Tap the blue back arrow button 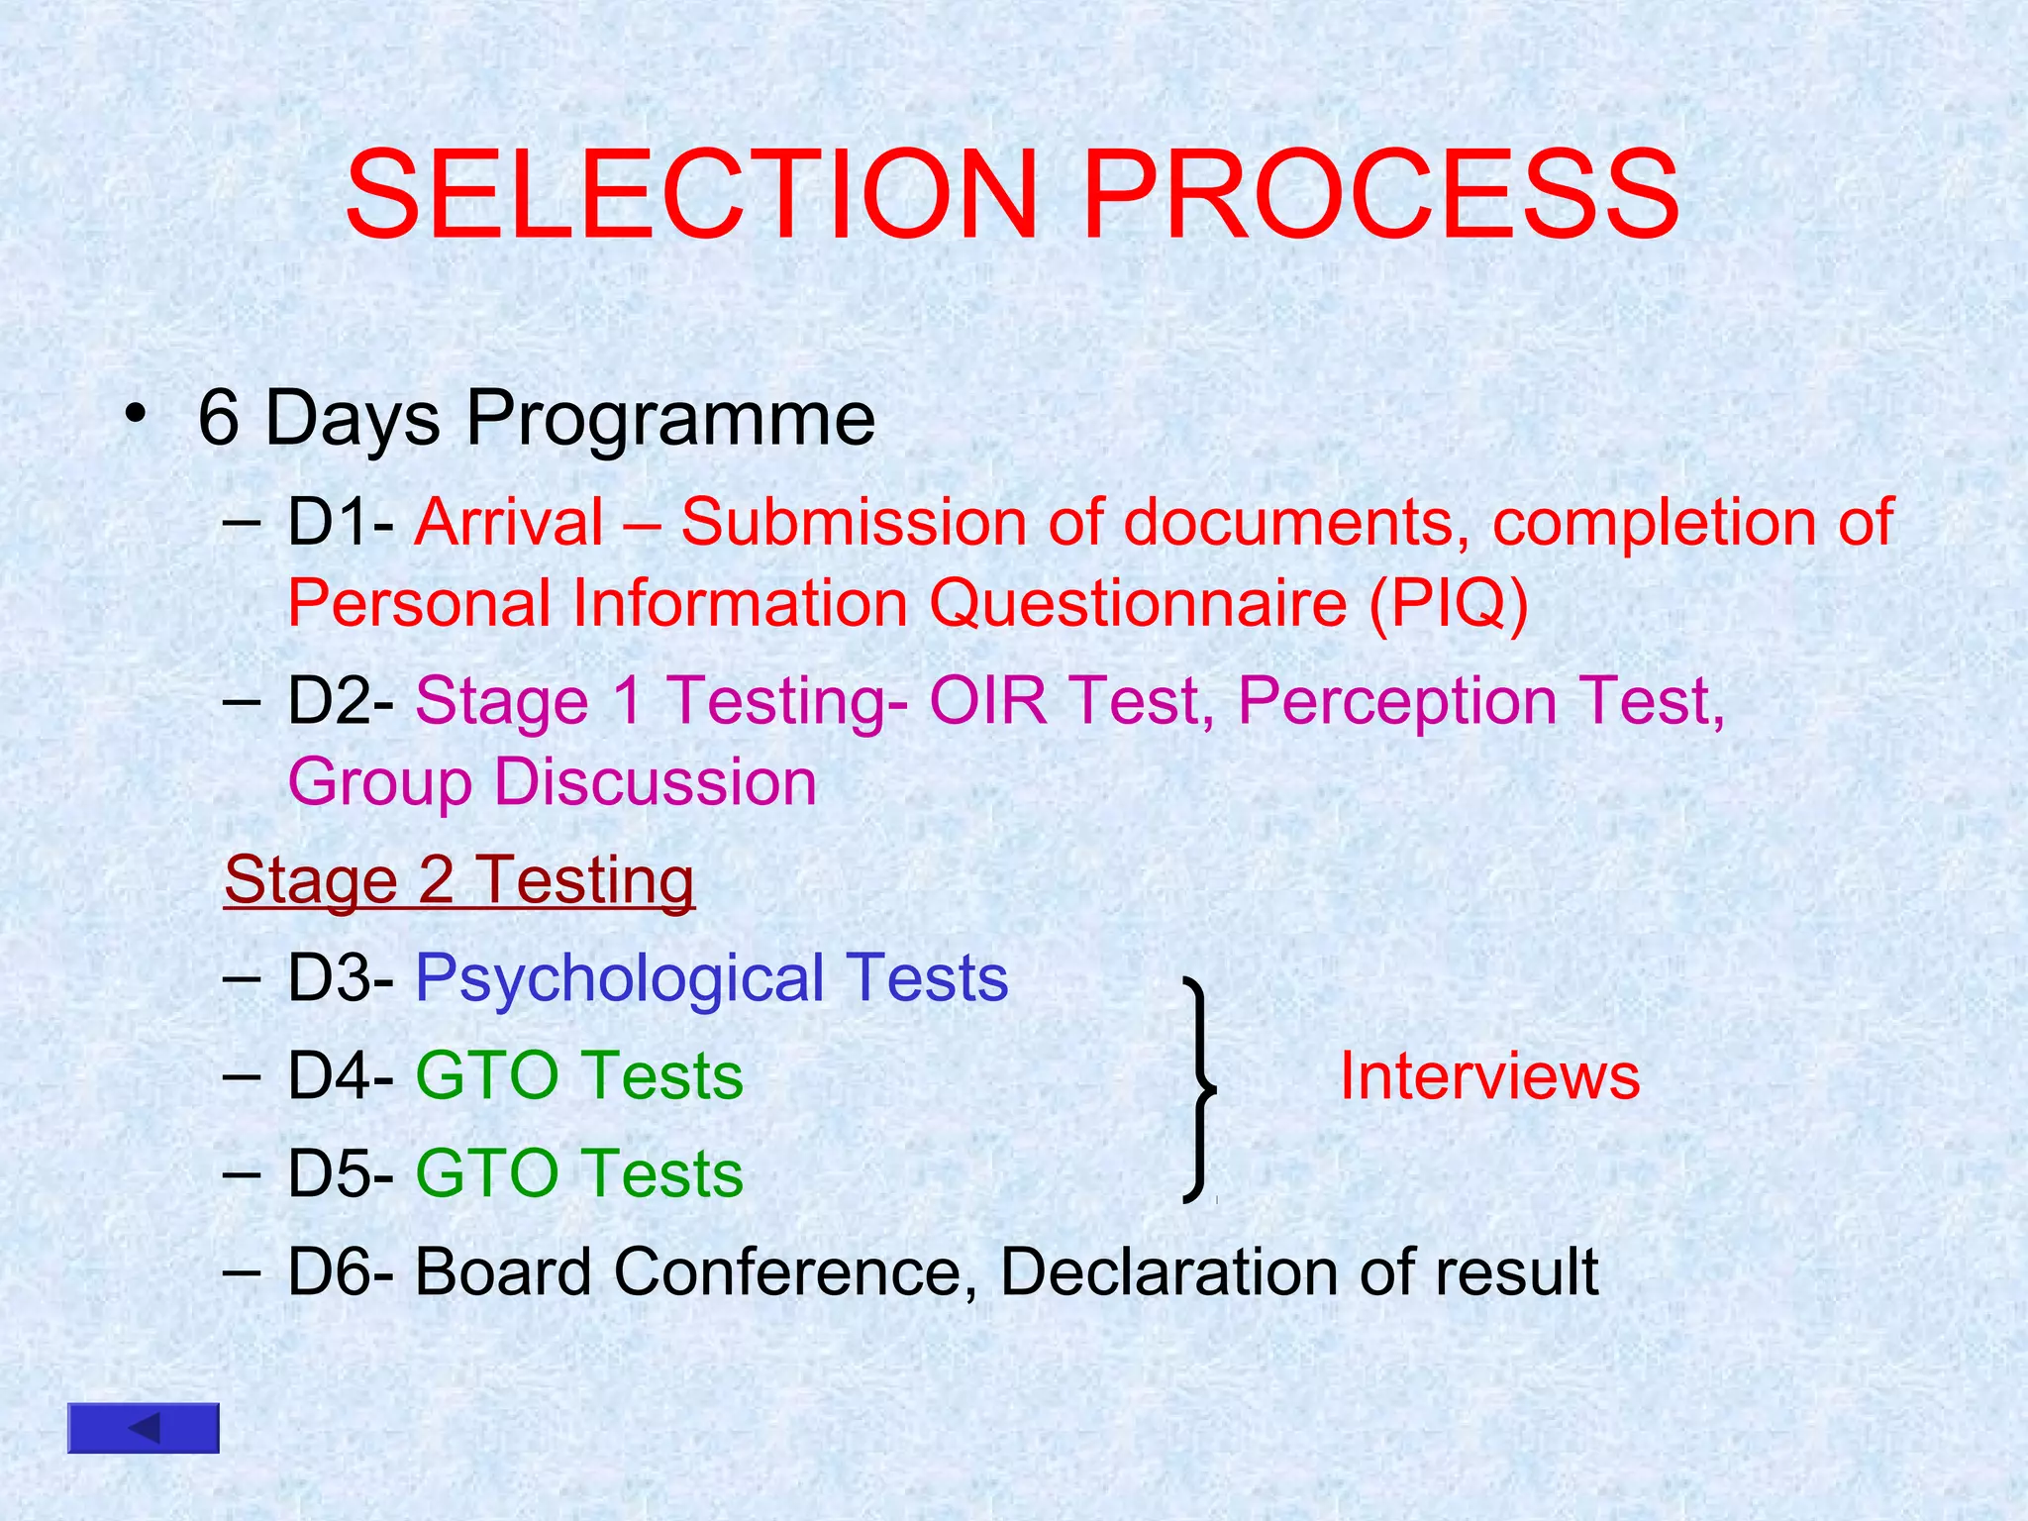pos(144,1428)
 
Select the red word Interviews pos(1488,1076)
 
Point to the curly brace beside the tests pos(1200,1089)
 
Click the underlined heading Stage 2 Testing pos(459,880)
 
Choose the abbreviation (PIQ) pos(1448,603)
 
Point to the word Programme pos(670,419)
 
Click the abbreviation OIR pos(987,701)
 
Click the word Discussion pos(655,782)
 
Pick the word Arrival pos(509,522)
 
